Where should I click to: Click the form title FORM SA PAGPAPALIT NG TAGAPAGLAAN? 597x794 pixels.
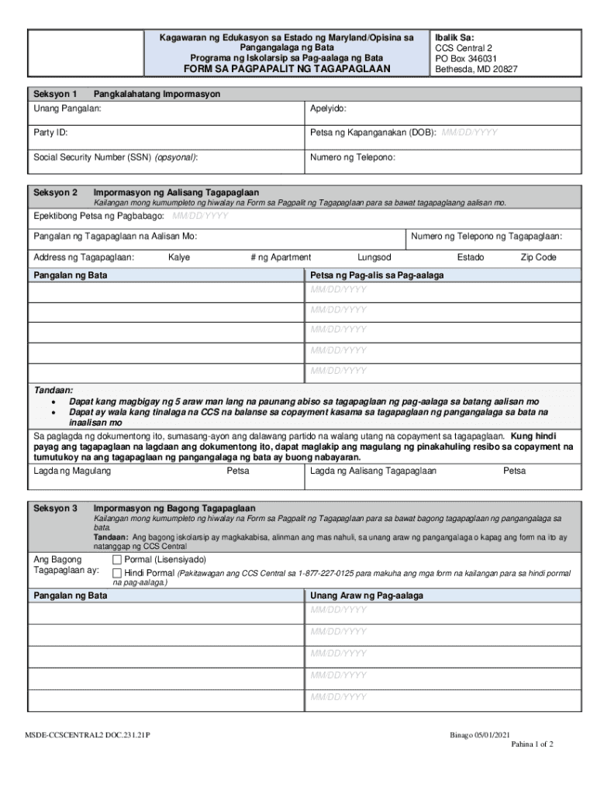(286, 69)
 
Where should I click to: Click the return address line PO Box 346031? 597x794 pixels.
(466, 58)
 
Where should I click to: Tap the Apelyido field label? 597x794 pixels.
(328, 109)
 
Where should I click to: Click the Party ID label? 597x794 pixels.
(50, 133)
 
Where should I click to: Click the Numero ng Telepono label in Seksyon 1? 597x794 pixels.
(353, 157)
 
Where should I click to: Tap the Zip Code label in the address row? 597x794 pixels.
(538, 257)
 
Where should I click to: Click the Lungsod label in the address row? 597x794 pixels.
(374, 257)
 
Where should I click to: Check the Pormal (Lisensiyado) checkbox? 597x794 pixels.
(117, 560)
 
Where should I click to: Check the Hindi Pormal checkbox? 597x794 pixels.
(117, 573)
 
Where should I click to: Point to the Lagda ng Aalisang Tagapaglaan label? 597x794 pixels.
(373, 471)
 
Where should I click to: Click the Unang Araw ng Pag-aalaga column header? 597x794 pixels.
(367, 595)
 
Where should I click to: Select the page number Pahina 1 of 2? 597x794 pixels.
(532, 744)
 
